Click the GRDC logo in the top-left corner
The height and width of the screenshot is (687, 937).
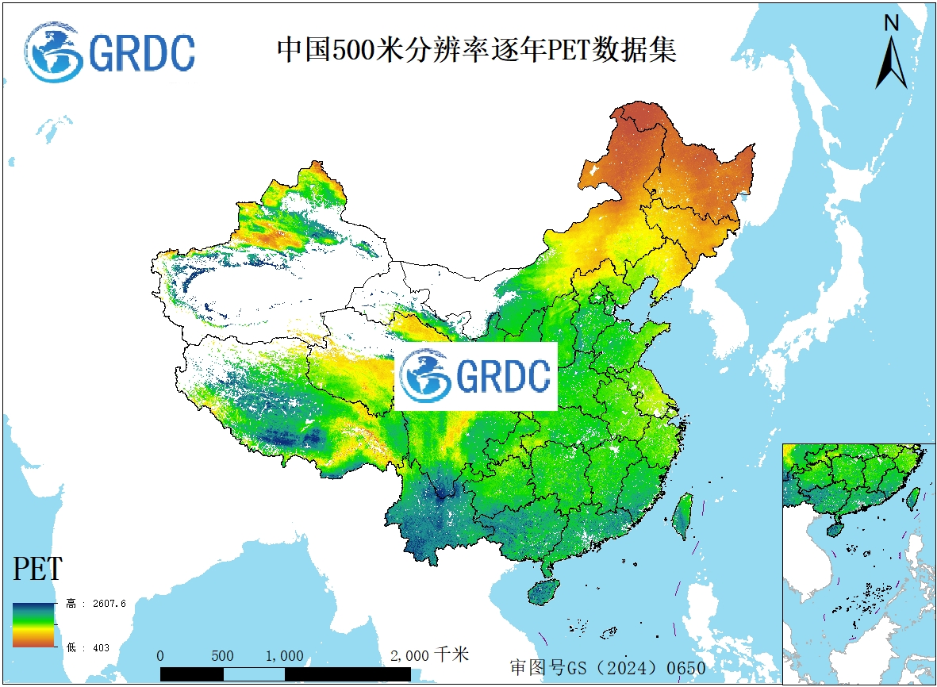110,52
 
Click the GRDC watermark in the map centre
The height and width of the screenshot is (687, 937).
476,376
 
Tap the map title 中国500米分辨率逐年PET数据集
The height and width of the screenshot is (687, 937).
476,50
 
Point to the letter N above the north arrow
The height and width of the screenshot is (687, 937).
891,23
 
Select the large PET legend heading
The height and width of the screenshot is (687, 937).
37,570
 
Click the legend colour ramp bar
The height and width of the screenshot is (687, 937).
33,625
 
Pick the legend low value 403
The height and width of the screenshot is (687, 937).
101,648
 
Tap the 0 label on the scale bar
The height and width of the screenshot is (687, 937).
160,656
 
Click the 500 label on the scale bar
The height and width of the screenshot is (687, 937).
222,656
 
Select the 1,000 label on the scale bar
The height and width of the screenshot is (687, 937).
284,656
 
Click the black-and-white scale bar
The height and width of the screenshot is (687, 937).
285,674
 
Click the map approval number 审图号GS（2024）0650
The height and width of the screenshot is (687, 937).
607,668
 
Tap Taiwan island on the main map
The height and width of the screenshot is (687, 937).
682,516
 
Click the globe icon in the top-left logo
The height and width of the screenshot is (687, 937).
54,52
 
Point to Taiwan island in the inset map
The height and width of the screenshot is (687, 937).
912,498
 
